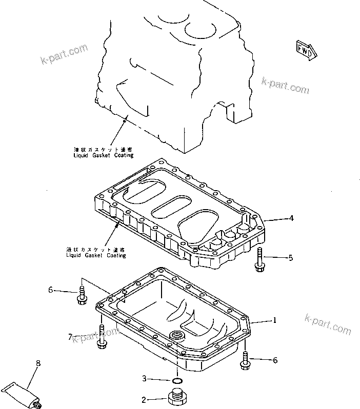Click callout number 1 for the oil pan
pos(274,321)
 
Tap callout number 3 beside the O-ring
pos(145,379)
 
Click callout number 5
pos(290,257)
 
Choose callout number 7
pos(70,336)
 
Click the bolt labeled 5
pos(259,257)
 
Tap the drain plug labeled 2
pos(177,399)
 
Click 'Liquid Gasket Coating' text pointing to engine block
pos(103,155)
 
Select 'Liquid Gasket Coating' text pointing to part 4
pos(96,255)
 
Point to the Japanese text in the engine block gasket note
pos(103,149)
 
